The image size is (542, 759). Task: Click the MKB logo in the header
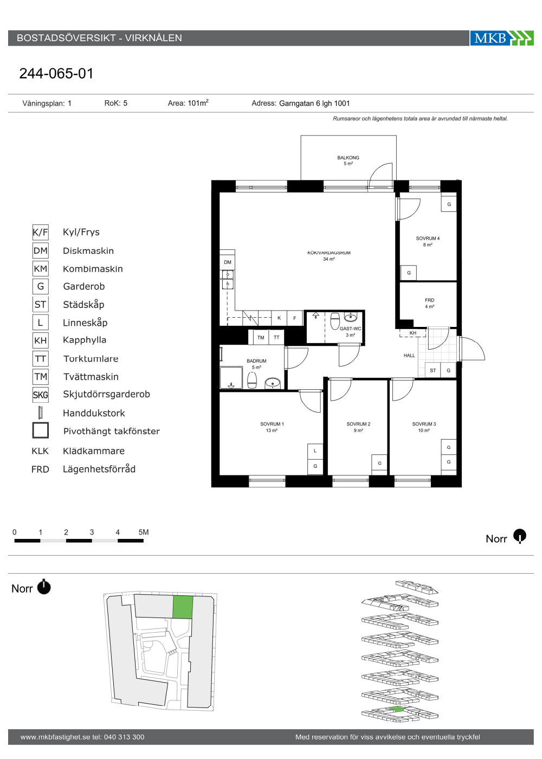point(502,38)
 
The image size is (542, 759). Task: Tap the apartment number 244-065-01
point(56,74)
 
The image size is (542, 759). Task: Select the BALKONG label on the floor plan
point(348,158)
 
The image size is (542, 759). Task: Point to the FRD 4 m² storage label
point(429,303)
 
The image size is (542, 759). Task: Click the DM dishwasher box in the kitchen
point(227,262)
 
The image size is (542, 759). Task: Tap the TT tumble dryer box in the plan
point(276,337)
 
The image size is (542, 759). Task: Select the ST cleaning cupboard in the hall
point(433,370)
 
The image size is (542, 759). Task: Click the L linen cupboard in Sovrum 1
point(315,451)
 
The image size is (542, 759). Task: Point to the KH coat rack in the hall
point(412,333)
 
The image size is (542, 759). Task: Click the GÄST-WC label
point(350,329)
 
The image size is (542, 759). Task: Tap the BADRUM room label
point(256,361)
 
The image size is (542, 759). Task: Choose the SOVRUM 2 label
point(358,424)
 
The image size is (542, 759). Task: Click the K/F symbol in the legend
point(40,233)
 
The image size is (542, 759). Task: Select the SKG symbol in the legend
point(40,395)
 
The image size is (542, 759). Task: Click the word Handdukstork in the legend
point(94,413)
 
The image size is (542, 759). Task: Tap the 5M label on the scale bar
point(144,532)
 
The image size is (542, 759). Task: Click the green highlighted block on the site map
point(183,607)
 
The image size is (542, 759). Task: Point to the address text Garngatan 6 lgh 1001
point(314,104)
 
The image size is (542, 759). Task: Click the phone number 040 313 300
point(124,737)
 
